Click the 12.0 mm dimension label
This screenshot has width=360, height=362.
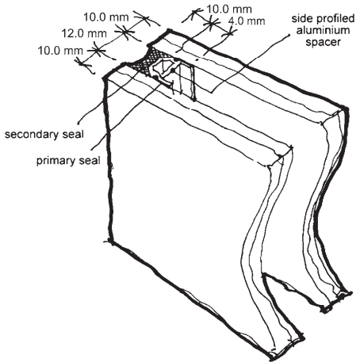pyautogui.click(x=84, y=33)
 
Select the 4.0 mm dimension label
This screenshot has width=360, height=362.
pyautogui.click(x=247, y=21)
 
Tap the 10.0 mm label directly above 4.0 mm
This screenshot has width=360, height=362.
pyautogui.click(x=229, y=10)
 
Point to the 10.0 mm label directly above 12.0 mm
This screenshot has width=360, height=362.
pyautogui.click(x=106, y=17)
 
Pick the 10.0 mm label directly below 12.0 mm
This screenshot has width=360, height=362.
pyautogui.click(x=60, y=51)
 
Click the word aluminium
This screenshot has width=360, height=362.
pyautogui.click(x=323, y=30)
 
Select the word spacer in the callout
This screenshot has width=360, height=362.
pyautogui.click(x=323, y=42)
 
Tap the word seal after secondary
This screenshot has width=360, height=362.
pyautogui.click(x=73, y=134)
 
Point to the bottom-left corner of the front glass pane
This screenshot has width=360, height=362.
pyautogui.click(x=111, y=241)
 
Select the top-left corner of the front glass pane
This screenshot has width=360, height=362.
pyautogui.click(x=105, y=78)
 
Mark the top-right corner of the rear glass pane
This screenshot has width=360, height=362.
pyautogui.click(x=345, y=109)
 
